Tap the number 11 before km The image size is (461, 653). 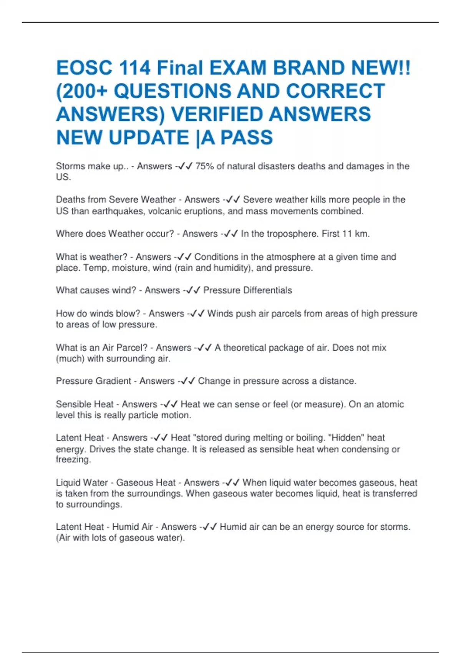coord(347,234)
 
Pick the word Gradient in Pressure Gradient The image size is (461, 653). coord(113,381)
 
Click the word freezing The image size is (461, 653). coord(73,459)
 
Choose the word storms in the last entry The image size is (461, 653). coord(395,527)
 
